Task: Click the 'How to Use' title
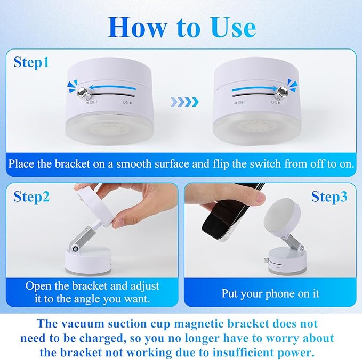[x=182, y=27]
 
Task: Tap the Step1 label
[x=31, y=62]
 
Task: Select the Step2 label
[x=31, y=197]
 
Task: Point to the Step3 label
[x=329, y=197]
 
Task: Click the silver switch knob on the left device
[x=82, y=93]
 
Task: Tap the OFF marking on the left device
[x=92, y=102]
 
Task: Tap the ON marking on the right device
[x=276, y=102]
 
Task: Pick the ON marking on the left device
[x=127, y=102]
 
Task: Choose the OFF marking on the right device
[x=241, y=102]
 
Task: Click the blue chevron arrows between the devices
[x=184, y=102]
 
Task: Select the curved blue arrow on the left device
[x=112, y=88]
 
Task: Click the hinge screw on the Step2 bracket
[x=75, y=248]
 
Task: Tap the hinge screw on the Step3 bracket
[x=301, y=248]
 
